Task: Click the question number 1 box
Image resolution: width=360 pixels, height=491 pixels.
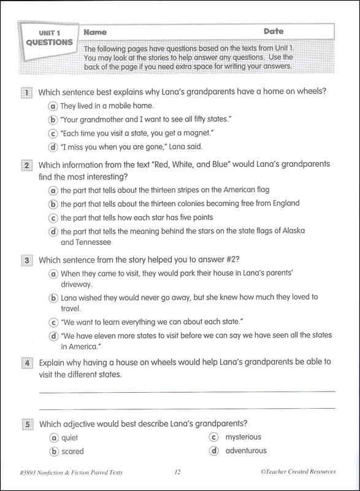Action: pos(26,93)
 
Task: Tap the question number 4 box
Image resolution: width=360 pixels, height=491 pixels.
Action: pos(27,363)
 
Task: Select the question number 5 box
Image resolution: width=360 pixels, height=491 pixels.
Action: pos(27,424)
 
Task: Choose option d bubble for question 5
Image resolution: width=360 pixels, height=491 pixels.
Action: pos(214,451)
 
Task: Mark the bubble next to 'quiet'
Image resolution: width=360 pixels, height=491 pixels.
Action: pos(54,438)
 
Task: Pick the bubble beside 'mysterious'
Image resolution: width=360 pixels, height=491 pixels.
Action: pos(214,438)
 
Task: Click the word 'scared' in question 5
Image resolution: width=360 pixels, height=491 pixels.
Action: pos(72,452)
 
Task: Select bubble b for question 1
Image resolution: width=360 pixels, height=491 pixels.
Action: pos(53,120)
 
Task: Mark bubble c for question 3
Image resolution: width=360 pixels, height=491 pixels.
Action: pos(53,322)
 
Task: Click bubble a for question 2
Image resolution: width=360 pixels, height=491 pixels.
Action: pos(53,190)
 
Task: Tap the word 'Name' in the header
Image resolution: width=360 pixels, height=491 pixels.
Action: pos(95,32)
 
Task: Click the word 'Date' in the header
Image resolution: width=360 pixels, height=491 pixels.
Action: pos(274,31)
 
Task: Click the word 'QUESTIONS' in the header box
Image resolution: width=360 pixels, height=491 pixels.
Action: pos(49,43)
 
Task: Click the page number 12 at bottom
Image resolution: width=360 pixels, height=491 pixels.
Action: pos(178,472)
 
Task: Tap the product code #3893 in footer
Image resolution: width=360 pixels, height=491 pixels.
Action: pos(32,472)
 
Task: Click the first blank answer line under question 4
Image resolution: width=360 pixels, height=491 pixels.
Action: pos(187,391)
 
